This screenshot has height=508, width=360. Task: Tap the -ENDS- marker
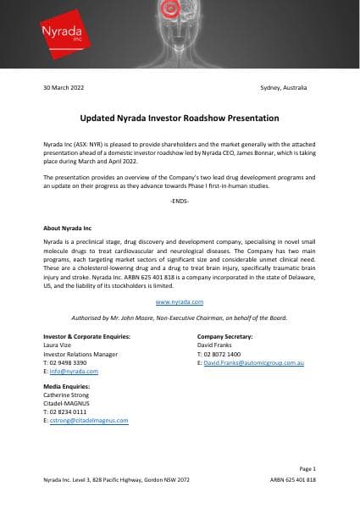pos(180,202)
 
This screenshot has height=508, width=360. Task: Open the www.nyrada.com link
pos(180,301)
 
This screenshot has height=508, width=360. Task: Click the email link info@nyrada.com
pos(73,371)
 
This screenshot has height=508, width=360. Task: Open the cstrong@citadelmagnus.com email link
pos(88,419)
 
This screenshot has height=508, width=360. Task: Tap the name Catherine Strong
pos(68,395)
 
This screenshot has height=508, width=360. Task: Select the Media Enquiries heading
pos(66,387)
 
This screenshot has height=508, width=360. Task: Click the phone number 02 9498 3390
pos(69,362)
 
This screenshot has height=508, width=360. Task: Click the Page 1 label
pos(307,468)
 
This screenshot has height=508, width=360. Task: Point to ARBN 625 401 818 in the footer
pos(292,479)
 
